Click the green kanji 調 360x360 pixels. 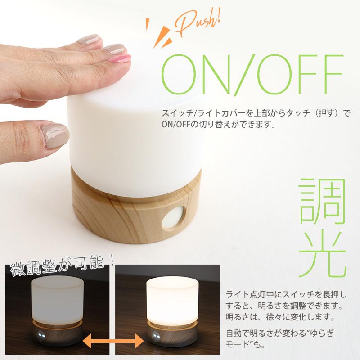(324, 202)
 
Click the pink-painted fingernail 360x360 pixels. (119, 58)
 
